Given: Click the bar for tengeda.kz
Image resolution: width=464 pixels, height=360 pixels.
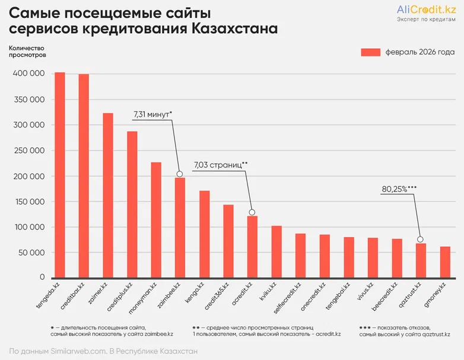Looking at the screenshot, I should [60, 175].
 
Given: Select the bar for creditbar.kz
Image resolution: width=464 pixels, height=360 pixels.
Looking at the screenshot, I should [84, 176].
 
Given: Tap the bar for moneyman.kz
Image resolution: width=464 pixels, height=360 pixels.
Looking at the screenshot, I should [156, 220].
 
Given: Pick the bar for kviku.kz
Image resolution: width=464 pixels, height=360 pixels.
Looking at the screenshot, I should [277, 251].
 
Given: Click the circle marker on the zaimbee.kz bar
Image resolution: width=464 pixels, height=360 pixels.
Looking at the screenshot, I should [180, 174].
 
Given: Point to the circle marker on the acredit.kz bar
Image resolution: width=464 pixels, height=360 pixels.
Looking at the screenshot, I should [252, 212].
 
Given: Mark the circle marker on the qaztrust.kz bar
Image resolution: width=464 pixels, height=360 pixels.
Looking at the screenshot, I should [421, 240].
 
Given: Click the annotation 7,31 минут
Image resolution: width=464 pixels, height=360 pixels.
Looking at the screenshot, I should [152, 113].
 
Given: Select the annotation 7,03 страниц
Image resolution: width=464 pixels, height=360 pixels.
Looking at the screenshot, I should [220, 164].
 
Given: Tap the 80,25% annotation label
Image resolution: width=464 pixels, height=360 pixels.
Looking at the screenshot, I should [399, 189].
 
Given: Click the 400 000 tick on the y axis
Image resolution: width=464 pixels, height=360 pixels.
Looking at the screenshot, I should [28, 74].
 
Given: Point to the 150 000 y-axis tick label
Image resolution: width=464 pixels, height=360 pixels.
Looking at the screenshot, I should [28, 202].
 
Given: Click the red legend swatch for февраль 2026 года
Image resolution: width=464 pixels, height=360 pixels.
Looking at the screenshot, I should [370, 52].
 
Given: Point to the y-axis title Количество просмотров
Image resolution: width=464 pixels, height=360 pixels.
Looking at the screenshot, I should [27, 51].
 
